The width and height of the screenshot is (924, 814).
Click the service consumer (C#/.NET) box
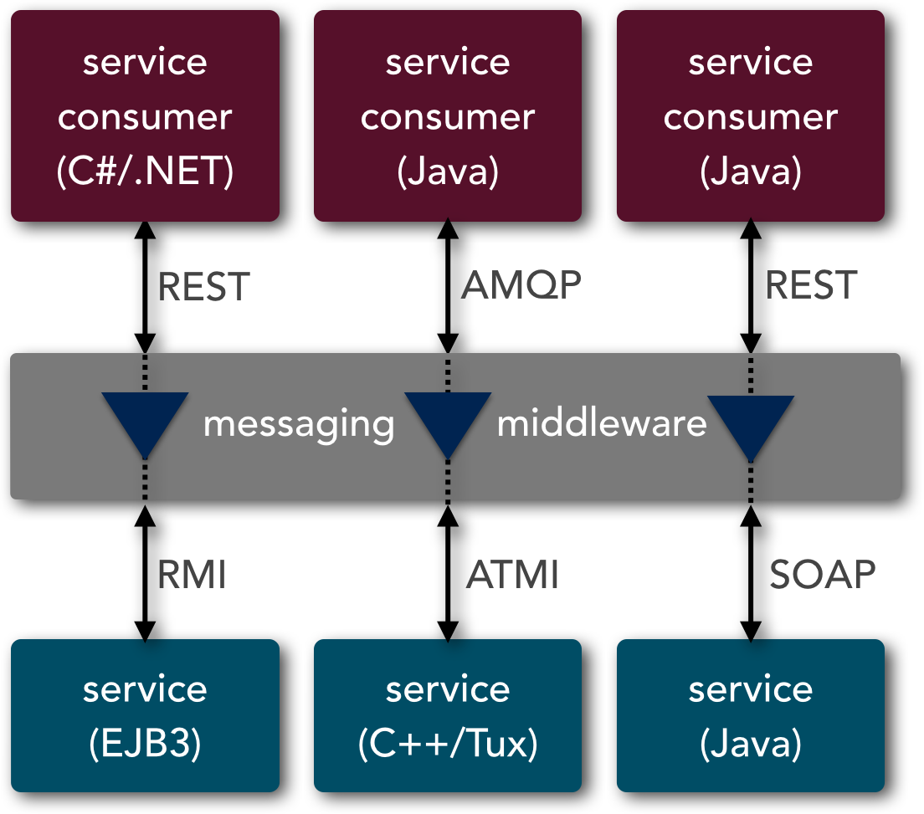[x=145, y=116]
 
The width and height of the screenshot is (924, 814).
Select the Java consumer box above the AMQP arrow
[x=448, y=116]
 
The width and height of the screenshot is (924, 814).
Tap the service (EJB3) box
[x=145, y=715]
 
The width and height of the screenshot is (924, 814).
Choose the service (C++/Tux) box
[x=448, y=715]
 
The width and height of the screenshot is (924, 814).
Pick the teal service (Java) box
[x=751, y=715]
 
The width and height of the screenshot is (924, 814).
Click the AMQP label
[x=521, y=285]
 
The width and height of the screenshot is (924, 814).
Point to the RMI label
[x=192, y=574]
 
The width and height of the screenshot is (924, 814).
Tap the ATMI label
[x=512, y=574]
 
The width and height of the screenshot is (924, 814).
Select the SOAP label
[x=823, y=574]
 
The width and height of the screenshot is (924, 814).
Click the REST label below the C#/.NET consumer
[x=204, y=287]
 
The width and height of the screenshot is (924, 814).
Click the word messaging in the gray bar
[x=299, y=424]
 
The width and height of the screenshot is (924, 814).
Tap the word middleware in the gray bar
[x=602, y=423]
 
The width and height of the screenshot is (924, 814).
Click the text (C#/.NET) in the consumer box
[x=145, y=172]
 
